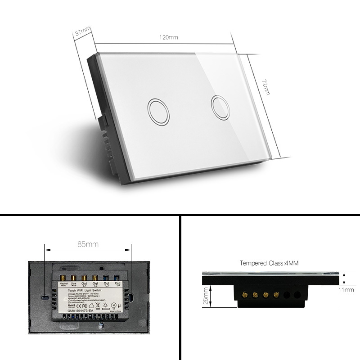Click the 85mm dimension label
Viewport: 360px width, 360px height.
pyautogui.click(x=88, y=244)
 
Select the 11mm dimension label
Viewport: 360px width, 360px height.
pyautogui.click(x=346, y=290)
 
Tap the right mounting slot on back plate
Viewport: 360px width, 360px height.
pyautogui.click(x=131, y=297)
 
